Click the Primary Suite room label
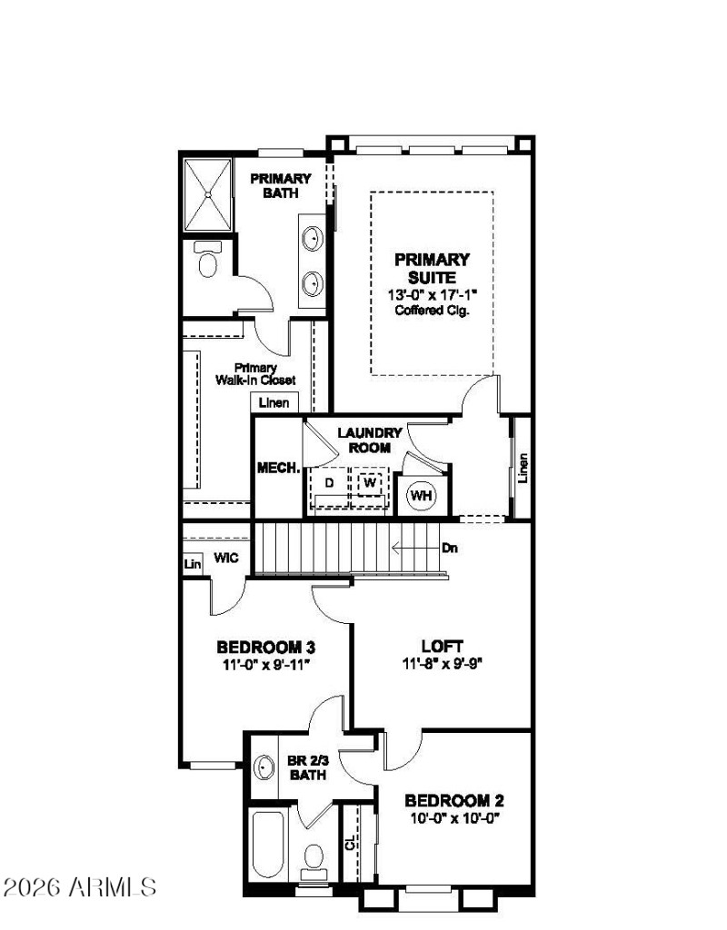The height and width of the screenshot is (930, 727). pos(432,268)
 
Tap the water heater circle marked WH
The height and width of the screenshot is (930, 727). pos(421,495)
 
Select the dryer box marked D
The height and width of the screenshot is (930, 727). pos(330,482)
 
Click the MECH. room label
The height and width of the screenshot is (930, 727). pos(279,468)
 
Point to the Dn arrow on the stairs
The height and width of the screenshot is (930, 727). pos(423,548)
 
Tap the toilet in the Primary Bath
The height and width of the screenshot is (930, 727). pos(208,262)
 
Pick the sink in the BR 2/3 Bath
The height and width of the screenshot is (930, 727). pos(264,767)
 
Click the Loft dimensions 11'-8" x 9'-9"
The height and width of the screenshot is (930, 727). pos(442,663)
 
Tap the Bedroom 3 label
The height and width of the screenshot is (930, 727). pos(265,648)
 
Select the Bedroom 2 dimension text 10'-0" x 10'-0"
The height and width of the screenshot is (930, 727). pos(453,817)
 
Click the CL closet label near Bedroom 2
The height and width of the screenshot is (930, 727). pos(351,844)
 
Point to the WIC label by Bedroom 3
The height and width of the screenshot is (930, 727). pos(226,558)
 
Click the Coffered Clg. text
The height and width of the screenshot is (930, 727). pos(432,310)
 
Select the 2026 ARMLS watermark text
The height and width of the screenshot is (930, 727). pos(79,885)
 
